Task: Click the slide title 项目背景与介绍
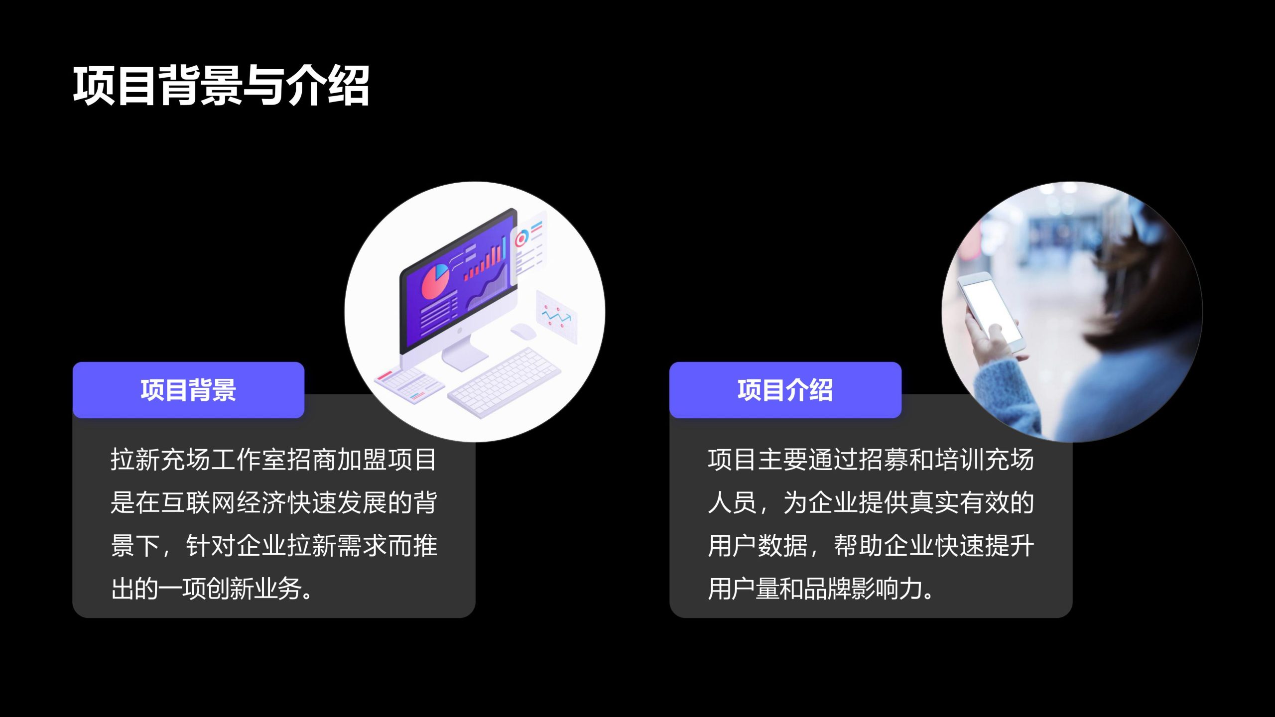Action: point(221,86)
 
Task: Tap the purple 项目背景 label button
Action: point(188,390)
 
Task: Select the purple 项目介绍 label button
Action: point(785,390)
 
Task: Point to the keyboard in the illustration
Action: point(504,382)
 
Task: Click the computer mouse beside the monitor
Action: point(523,331)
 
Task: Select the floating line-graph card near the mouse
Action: point(557,317)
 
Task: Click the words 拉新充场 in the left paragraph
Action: point(160,460)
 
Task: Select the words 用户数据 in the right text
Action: point(758,546)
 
